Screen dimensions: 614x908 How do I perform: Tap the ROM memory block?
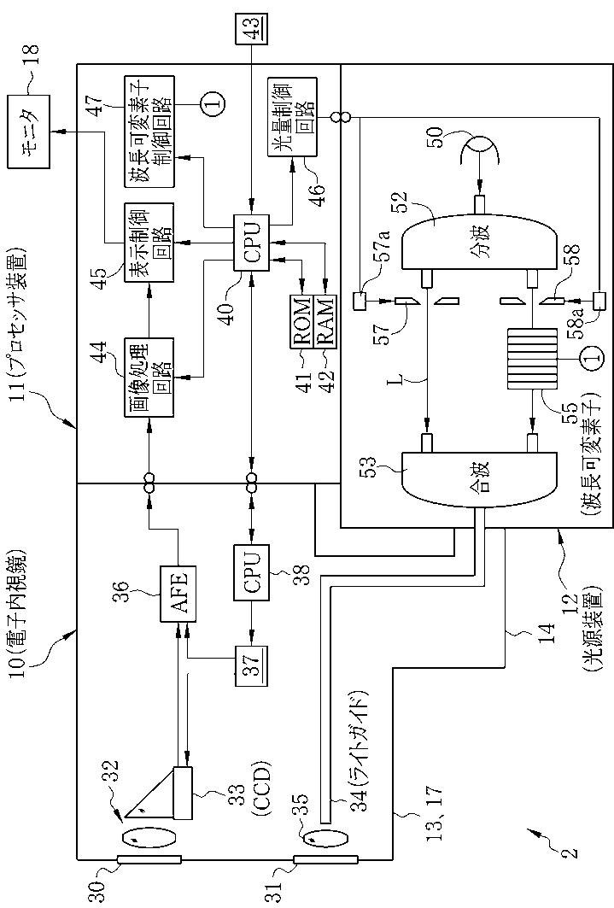[x=301, y=321]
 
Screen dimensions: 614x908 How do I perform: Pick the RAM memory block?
[x=324, y=321]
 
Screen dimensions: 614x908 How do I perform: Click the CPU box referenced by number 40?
[x=250, y=243]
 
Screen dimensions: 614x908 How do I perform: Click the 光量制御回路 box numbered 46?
[x=292, y=116]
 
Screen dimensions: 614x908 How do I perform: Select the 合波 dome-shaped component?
[x=478, y=478]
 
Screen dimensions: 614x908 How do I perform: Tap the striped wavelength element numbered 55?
[x=532, y=360]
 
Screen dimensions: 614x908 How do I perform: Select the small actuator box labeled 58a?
[x=599, y=302]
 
